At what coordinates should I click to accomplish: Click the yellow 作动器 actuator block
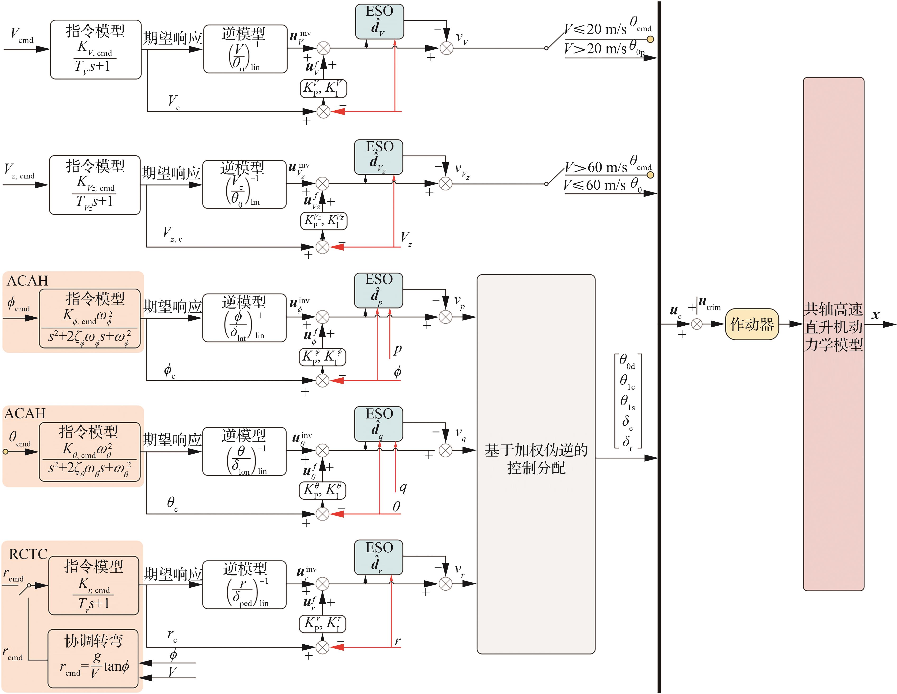(x=752, y=324)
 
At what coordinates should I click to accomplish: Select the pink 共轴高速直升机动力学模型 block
(x=833, y=334)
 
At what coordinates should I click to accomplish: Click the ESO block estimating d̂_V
(x=379, y=21)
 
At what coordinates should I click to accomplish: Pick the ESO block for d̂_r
(x=378, y=557)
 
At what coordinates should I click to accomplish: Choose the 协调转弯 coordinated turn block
(x=93, y=658)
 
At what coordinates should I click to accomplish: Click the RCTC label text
(x=28, y=554)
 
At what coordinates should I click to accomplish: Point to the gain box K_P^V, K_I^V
(x=323, y=88)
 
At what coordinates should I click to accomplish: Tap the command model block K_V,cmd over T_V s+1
(x=95, y=49)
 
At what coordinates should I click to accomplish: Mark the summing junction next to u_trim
(x=696, y=324)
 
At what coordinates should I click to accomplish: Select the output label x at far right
(x=875, y=315)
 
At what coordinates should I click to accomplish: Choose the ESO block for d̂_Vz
(x=378, y=157)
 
